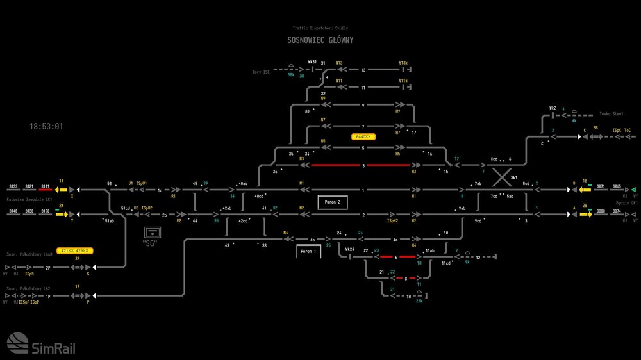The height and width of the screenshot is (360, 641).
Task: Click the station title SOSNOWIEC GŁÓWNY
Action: pos(320,40)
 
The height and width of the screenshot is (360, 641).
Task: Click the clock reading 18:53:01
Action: pos(46,126)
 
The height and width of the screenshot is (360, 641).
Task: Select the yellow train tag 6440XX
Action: pos(364,136)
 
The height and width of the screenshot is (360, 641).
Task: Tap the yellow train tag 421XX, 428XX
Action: pos(76,250)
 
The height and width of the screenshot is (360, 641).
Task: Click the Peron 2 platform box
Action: pos(332,202)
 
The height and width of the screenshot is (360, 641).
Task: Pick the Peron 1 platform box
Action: pos(308,252)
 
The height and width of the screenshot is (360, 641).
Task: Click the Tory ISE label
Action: pos(262,72)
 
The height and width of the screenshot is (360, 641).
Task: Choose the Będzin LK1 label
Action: pos(625,202)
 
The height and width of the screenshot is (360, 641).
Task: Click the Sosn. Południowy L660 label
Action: pos(29,254)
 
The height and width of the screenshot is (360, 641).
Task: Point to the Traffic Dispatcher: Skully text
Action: pos(320,28)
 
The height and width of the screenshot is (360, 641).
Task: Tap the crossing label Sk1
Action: pos(513,177)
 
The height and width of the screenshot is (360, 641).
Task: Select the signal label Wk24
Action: pos(349,250)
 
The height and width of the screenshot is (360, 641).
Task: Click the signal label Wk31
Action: pos(312,62)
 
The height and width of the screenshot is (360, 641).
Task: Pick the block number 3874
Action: pos(617,211)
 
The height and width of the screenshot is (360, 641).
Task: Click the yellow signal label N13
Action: pos(339,63)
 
